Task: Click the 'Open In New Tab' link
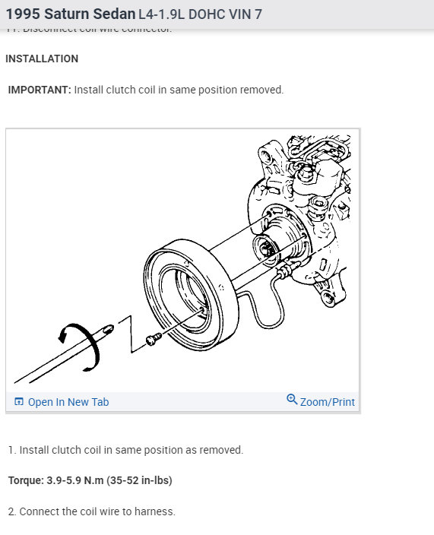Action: (68, 402)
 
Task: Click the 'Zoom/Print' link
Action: (327, 402)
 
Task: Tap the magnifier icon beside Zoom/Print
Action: (292, 400)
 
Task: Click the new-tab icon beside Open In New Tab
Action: (19, 402)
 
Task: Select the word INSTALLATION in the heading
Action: (42, 59)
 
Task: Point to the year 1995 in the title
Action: (24, 14)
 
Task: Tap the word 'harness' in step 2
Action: (154, 511)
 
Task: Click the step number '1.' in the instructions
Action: (12, 450)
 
